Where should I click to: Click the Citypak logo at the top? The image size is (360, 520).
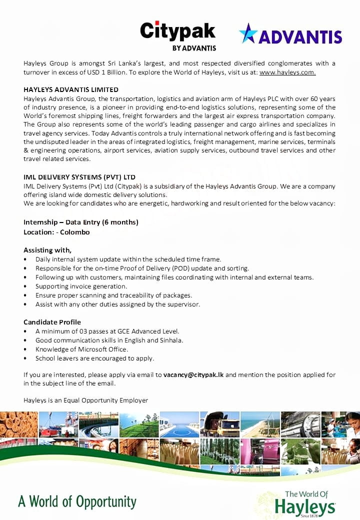click(x=177, y=32)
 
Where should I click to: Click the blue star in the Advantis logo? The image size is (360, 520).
click(x=248, y=33)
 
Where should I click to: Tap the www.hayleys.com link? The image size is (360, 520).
click(x=287, y=72)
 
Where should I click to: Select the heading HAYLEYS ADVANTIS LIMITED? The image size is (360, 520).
click(x=71, y=89)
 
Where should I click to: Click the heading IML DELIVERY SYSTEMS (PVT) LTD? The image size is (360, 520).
click(x=79, y=177)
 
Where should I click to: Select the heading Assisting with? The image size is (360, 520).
click(x=47, y=250)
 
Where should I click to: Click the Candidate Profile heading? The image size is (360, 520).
click(x=52, y=322)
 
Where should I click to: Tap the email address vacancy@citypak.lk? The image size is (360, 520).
click(x=193, y=374)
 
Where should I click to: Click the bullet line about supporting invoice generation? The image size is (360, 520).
click(x=81, y=286)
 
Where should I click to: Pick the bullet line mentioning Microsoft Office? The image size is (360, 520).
click(x=81, y=349)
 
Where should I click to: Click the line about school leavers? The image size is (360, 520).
click(x=94, y=358)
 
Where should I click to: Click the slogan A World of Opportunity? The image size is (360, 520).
click(x=77, y=501)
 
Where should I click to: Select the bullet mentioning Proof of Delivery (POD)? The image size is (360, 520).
click(x=142, y=268)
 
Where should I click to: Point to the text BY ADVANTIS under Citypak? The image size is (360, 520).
click(x=194, y=48)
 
